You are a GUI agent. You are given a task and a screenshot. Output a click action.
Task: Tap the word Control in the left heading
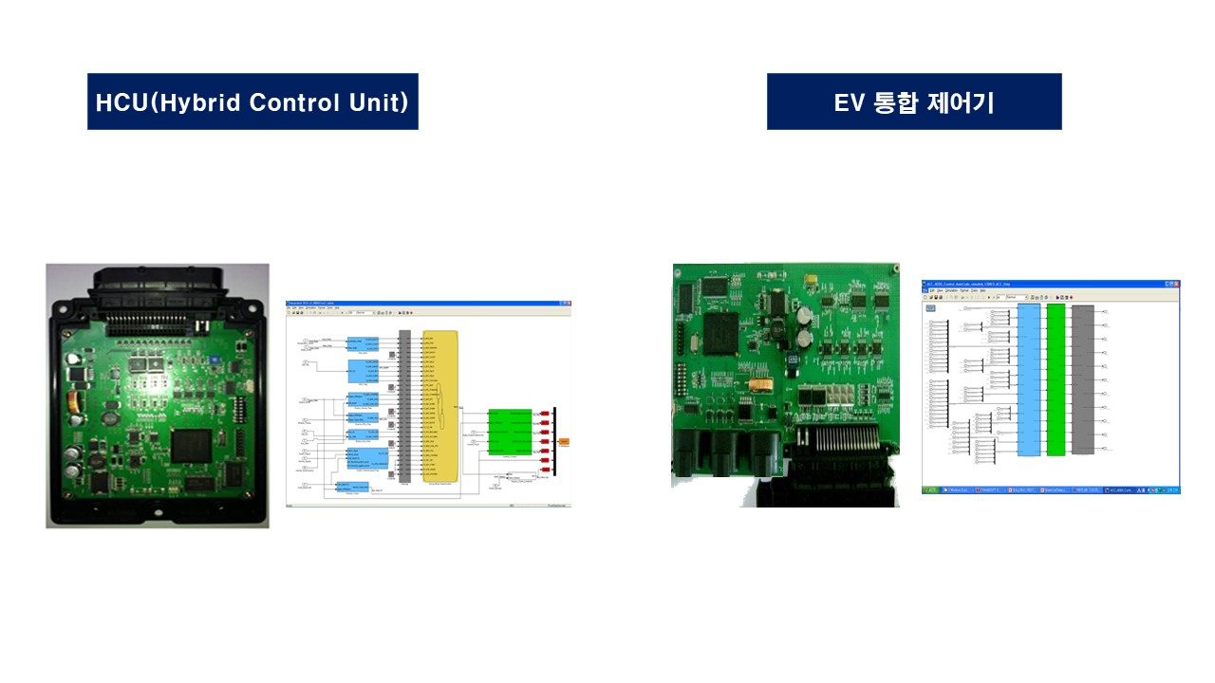(x=293, y=102)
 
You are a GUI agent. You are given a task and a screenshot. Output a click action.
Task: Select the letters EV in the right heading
(x=847, y=102)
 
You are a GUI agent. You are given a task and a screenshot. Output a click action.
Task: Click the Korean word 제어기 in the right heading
(x=963, y=102)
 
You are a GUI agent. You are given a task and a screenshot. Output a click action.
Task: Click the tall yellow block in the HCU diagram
(x=440, y=406)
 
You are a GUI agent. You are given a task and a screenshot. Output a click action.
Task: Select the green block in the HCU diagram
(x=510, y=433)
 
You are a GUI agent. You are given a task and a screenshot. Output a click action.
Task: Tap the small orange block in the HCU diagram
(x=564, y=442)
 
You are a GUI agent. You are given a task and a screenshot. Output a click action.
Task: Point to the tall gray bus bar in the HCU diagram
(x=405, y=406)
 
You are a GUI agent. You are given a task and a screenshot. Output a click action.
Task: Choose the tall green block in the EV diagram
(x=1056, y=379)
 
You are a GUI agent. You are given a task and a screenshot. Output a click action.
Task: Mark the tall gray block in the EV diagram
(x=1083, y=379)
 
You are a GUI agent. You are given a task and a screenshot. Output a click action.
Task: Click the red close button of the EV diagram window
(x=1176, y=284)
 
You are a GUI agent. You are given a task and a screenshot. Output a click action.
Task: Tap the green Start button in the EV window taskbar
(x=930, y=489)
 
